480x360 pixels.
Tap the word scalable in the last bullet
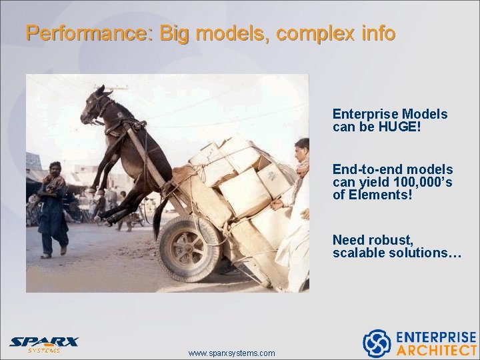click(360, 253)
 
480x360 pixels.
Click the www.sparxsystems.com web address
click(231, 353)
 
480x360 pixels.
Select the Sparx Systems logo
click(44, 344)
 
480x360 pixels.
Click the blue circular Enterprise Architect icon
click(377, 343)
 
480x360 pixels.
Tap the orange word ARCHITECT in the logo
click(437, 350)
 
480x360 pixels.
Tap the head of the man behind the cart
click(301, 147)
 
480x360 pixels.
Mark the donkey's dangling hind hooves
click(107, 217)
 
